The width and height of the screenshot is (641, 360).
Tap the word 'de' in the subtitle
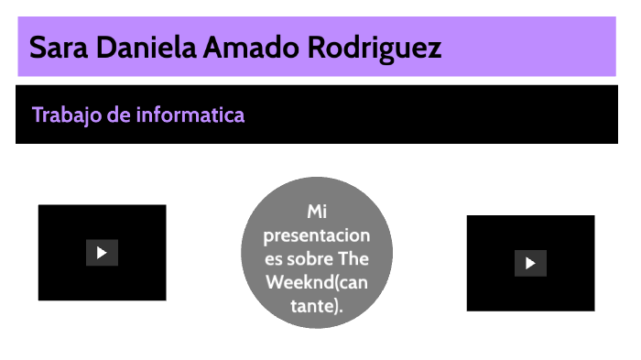[122, 115]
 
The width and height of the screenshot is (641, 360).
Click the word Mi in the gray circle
[316, 212]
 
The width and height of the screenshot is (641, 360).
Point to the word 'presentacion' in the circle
[316, 235]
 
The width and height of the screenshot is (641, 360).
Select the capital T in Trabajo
[38, 115]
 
